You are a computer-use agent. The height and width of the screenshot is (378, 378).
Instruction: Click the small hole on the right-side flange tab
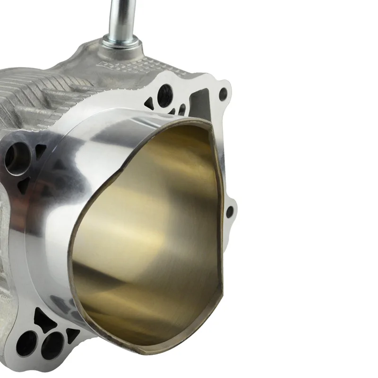tap(230, 212)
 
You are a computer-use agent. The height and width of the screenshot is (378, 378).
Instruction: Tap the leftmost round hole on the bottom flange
tap(26, 343)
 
